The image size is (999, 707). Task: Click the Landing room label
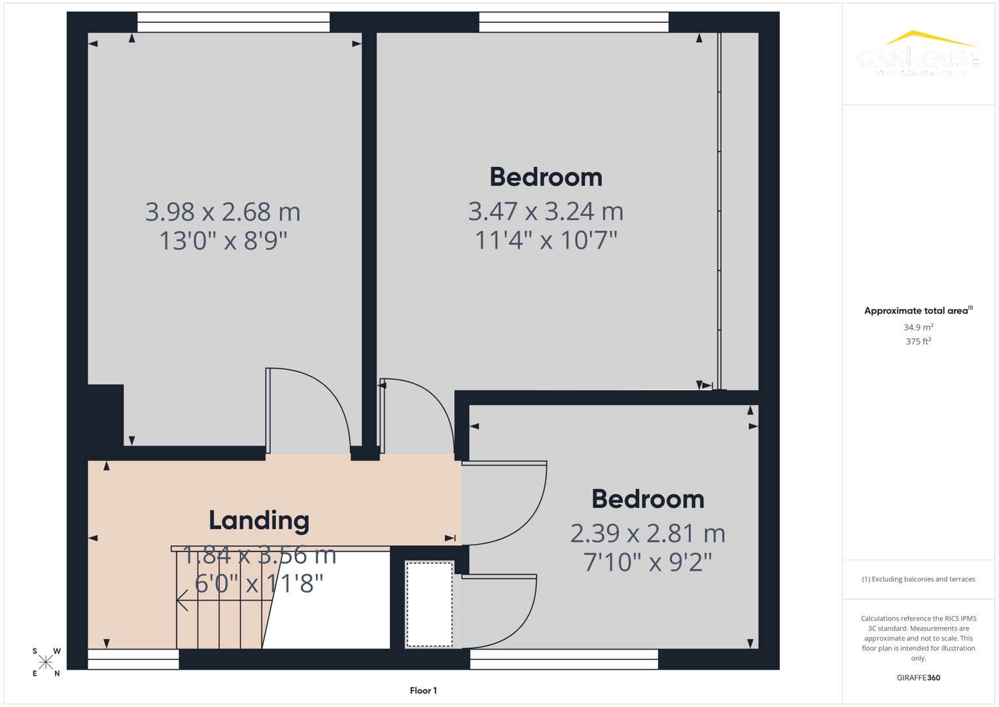[259, 520]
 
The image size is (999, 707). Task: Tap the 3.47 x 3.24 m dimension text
[546, 211]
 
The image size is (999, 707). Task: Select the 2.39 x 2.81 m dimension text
[648, 534]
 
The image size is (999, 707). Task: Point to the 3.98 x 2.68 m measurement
[222, 212]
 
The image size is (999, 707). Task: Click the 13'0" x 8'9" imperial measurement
[223, 241]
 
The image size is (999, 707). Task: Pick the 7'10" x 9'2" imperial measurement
[648, 562]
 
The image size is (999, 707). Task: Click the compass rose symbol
[46, 662]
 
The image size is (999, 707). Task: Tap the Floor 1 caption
[423, 691]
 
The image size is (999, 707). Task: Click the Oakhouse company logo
[919, 54]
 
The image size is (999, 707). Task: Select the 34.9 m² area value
[919, 327]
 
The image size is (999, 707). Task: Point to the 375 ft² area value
[919, 342]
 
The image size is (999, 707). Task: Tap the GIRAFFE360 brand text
[919, 678]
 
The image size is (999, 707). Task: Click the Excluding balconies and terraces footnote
[919, 579]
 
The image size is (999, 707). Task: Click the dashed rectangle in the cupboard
[429, 604]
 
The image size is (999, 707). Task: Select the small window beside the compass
[133, 660]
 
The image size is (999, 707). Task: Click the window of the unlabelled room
[234, 22]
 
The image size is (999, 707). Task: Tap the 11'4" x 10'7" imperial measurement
[546, 240]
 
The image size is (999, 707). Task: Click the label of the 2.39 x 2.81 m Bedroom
[648, 499]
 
